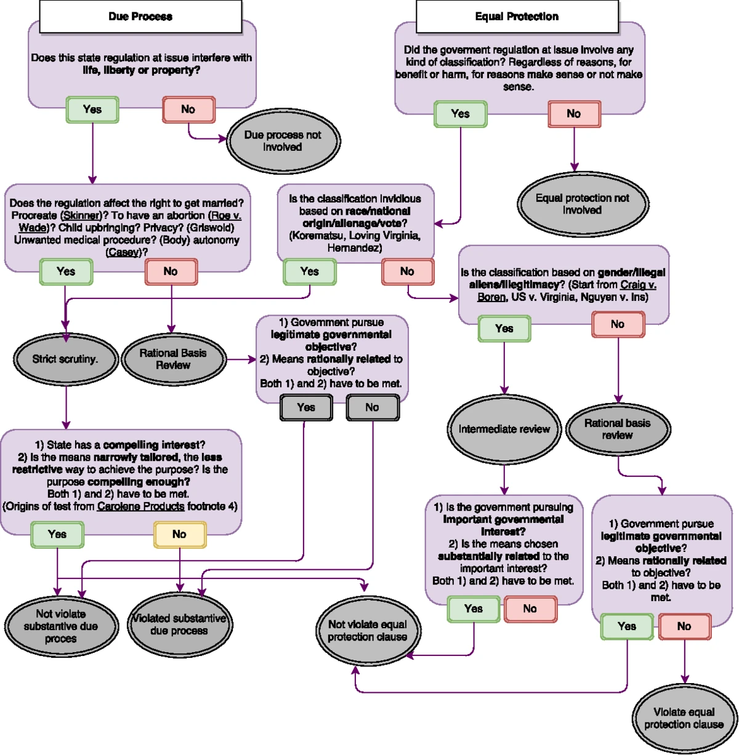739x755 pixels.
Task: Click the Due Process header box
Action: pyautogui.click(x=140, y=17)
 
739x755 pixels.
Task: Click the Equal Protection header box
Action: pyautogui.click(x=517, y=17)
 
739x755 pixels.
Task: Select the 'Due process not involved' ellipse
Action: pyautogui.click(x=283, y=142)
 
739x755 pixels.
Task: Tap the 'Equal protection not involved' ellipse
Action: pyautogui.click(x=582, y=204)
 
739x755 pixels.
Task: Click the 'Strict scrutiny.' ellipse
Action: pyautogui.click(x=65, y=359)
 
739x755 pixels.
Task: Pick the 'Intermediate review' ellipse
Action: pyautogui.click(x=504, y=429)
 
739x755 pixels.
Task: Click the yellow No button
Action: pyautogui.click(x=179, y=535)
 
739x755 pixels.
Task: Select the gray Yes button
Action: pyautogui.click(x=306, y=407)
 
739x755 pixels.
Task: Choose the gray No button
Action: pyautogui.click(x=372, y=407)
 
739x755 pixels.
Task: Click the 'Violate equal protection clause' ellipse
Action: pyautogui.click(x=684, y=718)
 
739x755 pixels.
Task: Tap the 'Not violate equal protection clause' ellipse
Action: pyautogui.click(x=367, y=631)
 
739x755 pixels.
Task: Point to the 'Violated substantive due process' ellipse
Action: pyautogui.click(x=179, y=625)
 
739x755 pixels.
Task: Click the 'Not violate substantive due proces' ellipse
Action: pyautogui.click(x=60, y=626)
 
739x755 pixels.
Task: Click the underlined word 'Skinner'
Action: pyautogui.click(x=81, y=216)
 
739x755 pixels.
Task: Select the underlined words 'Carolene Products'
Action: pyautogui.click(x=140, y=506)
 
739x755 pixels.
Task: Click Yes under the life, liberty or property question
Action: pyautogui.click(x=92, y=110)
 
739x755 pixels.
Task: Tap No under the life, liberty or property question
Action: pyautogui.click(x=188, y=110)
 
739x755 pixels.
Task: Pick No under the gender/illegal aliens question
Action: pyautogui.click(x=618, y=324)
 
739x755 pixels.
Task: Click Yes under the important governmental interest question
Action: pyautogui.click(x=473, y=609)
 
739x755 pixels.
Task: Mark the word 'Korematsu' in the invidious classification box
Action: pyautogui.click(x=315, y=236)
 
